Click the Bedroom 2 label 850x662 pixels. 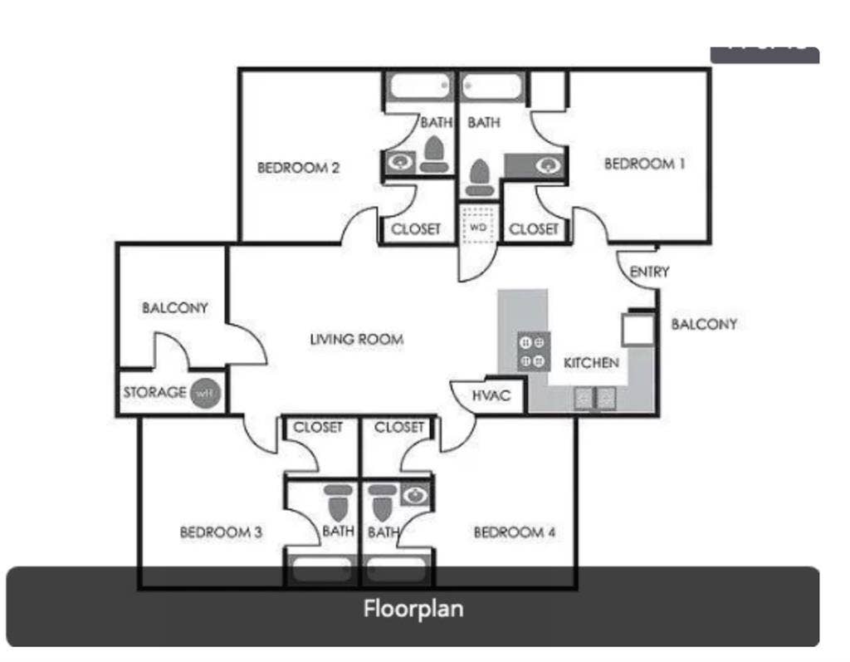[298, 168]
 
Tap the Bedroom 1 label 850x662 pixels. [644, 164]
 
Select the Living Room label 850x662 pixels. [356, 339]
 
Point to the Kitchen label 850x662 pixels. [591, 363]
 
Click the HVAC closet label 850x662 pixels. [490, 396]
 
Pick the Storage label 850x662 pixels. [154, 392]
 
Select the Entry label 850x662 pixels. [649, 272]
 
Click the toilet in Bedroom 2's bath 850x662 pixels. [433, 153]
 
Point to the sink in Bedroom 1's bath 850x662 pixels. [548, 165]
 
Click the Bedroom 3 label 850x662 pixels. [221, 532]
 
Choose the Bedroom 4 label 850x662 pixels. [514, 532]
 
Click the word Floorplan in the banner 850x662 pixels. [413, 609]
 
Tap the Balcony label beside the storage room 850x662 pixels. [174, 308]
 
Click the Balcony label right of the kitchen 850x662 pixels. [703, 324]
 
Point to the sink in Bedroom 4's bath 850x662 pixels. [414, 496]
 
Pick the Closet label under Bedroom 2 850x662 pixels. [416, 228]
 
